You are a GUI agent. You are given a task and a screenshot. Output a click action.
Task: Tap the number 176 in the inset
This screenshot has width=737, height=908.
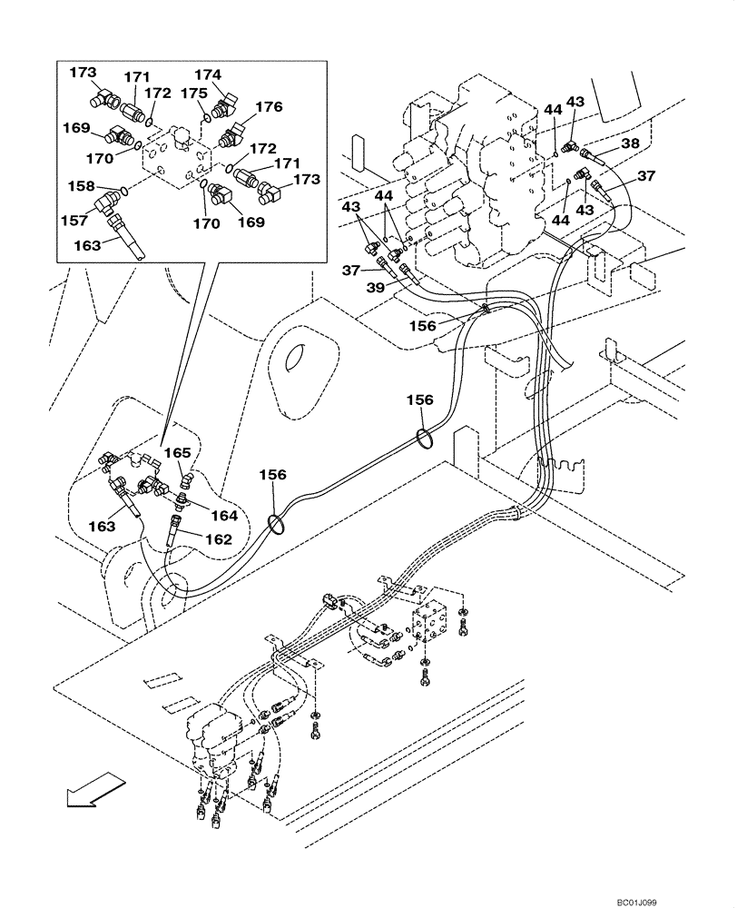point(268,107)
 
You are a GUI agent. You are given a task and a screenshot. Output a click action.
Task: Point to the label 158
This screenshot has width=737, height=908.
point(83,186)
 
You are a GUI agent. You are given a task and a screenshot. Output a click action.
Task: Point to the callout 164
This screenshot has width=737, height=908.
point(222,516)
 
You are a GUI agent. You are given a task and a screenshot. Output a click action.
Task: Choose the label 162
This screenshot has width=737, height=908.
point(218,539)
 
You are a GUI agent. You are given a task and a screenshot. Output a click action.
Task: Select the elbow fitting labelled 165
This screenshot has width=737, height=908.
point(184,476)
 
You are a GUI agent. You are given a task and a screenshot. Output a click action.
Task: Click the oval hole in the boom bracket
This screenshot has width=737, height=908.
point(298,362)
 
